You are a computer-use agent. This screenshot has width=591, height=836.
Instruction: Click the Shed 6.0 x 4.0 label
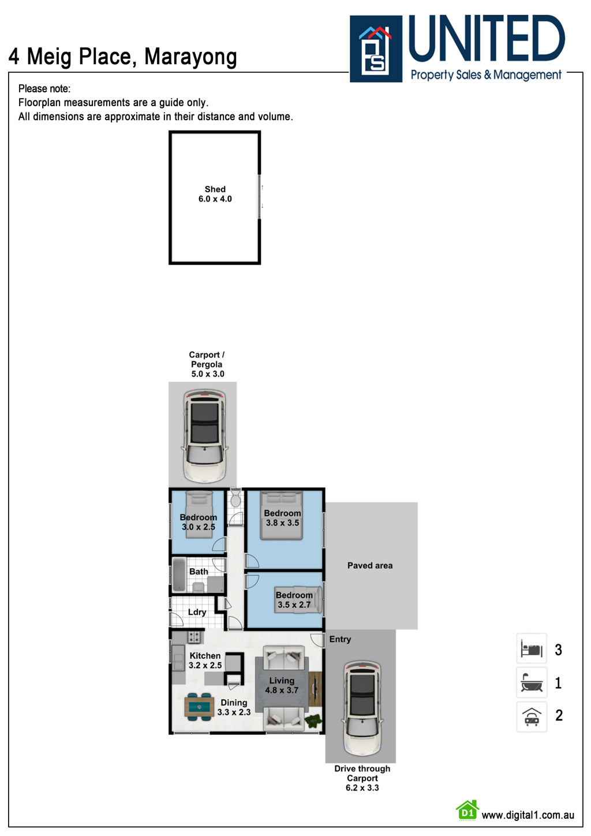(x=215, y=194)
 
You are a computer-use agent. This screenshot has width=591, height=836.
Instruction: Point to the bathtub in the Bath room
(x=179, y=574)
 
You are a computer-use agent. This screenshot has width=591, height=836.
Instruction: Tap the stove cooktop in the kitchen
(x=194, y=637)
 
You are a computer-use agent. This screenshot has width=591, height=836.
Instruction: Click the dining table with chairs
(x=199, y=707)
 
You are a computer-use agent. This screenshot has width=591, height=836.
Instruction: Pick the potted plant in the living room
(x=313, y=721)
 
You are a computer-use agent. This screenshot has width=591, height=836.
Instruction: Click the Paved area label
(x=370, y=565)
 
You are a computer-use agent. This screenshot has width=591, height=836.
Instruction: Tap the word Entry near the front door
(x=340, y=639)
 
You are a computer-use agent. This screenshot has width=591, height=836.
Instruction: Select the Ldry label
(x=197, y=612)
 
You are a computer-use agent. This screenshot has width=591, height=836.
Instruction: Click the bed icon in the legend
(x=532, y=650)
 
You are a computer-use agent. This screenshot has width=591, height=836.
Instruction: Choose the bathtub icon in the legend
(x=532, y=683)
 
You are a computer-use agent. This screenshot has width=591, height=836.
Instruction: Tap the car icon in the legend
(x=532, y=716)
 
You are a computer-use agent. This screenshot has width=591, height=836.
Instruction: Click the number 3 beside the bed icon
(x=558, y=650)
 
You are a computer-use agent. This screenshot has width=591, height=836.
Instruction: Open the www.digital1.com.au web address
(x=528, y=815)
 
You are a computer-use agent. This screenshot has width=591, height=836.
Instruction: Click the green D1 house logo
(x=467, y=811)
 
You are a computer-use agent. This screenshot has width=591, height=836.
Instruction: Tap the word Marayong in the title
(x=190, y=57)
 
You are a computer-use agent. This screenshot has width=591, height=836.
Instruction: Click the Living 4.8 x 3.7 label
(x=282, y=685)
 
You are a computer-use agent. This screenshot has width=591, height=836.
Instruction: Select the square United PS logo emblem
(x=376, y=48)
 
